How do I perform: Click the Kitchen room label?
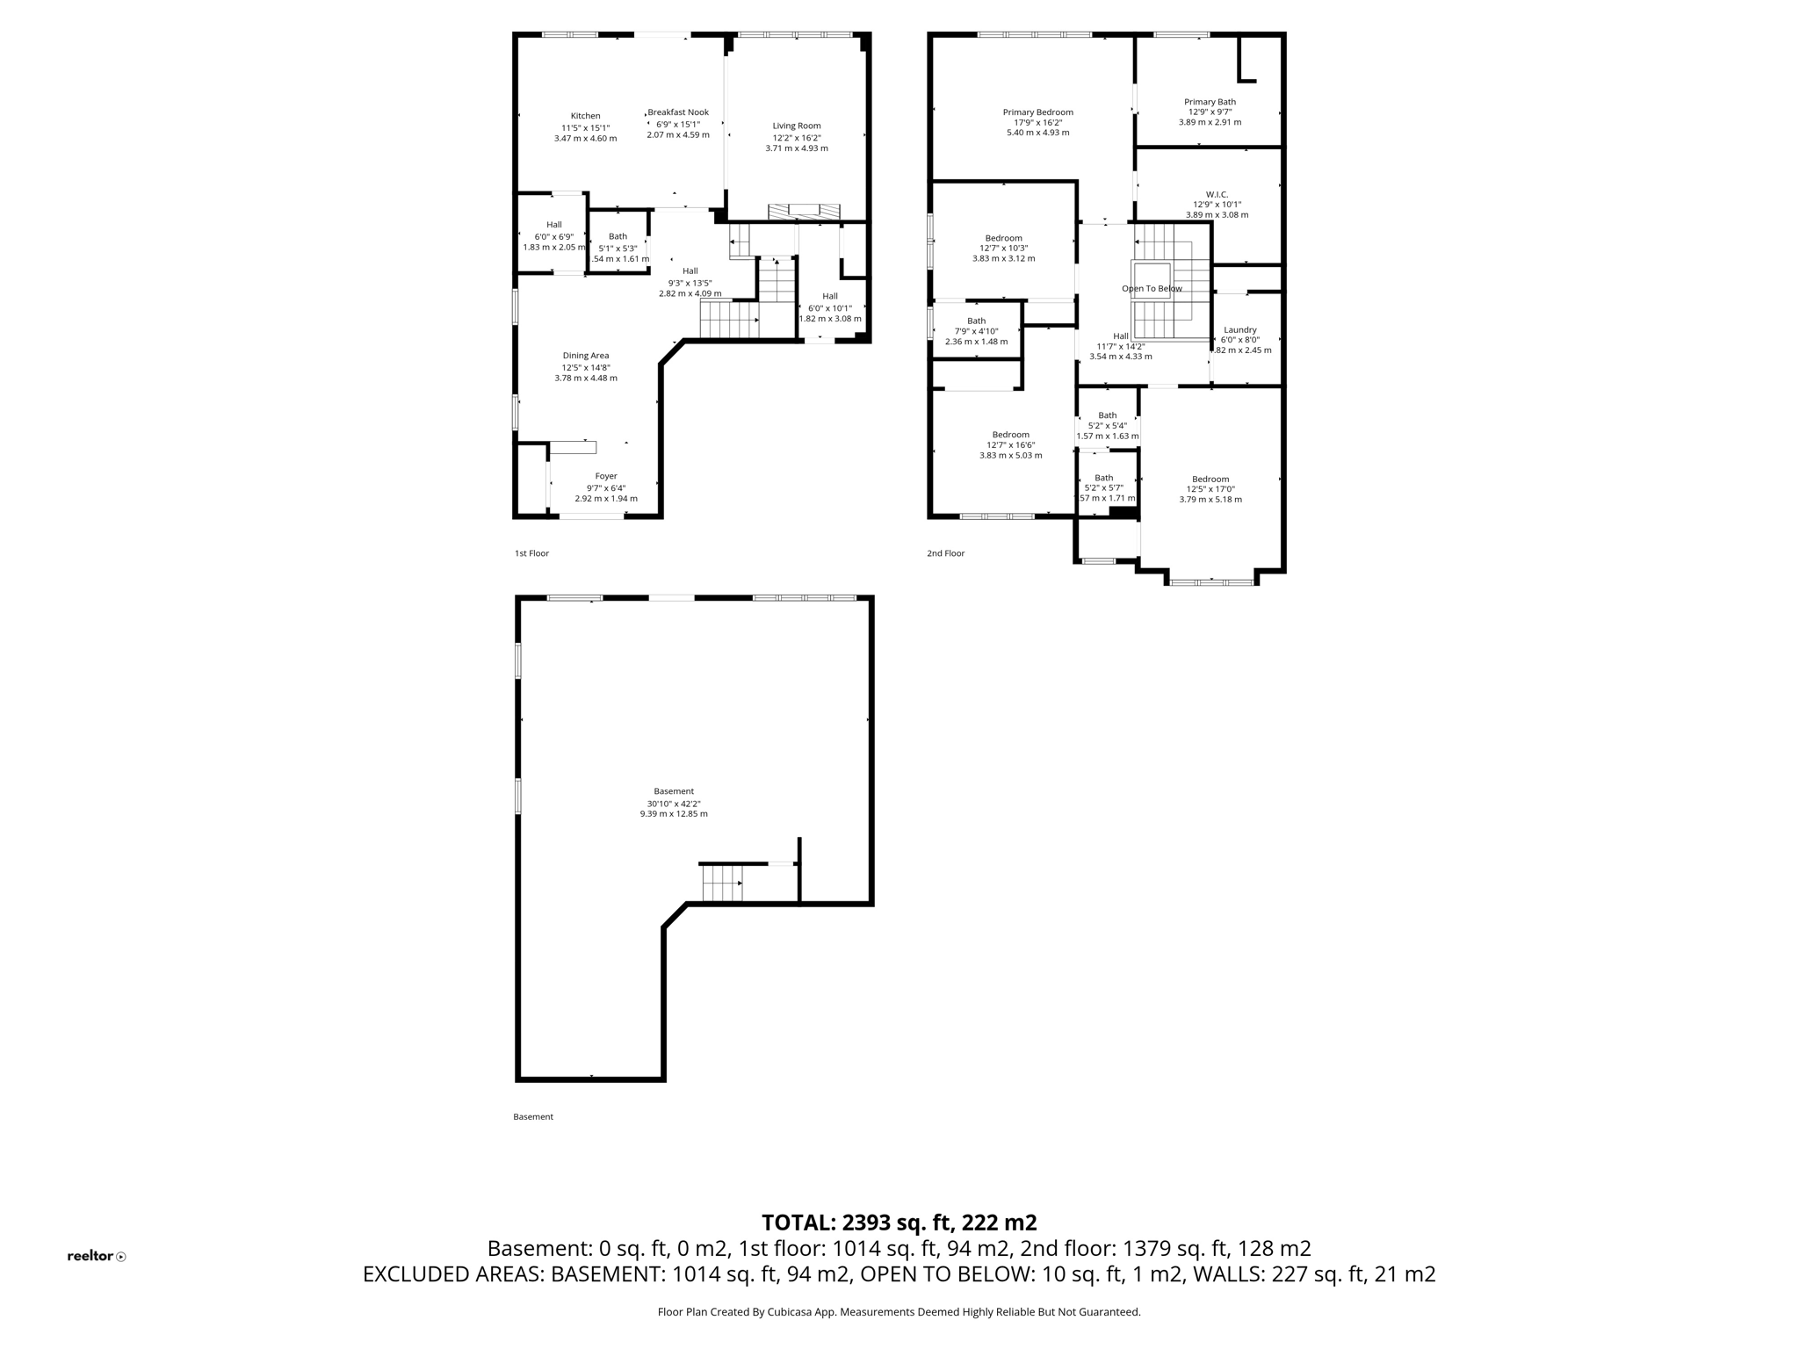pos(585,116)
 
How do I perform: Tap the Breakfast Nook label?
pos(678,112)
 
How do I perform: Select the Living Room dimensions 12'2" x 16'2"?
pos(796,138)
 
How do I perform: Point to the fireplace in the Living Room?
pos(804,211)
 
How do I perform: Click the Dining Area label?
pos(585,356)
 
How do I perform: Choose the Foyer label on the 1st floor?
pos(605,476)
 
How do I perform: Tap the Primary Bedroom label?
pos(1037,112)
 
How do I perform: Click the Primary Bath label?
pos(1209,102)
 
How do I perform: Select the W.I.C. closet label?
pos(1216,194)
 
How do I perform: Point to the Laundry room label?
pos(1239,329)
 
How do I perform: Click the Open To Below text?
pos(1151,288)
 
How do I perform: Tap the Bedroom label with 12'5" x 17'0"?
pos(1210,479)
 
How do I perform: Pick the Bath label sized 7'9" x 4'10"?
pos(976,321)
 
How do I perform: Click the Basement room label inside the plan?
pos(673,791)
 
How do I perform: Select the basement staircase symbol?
pos(722,884)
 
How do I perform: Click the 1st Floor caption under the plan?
pos(531,553)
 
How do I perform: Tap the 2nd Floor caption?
pos(945,553)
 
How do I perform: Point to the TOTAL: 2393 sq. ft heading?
pos(899,1223)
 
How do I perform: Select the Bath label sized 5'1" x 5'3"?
pos(618,236)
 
